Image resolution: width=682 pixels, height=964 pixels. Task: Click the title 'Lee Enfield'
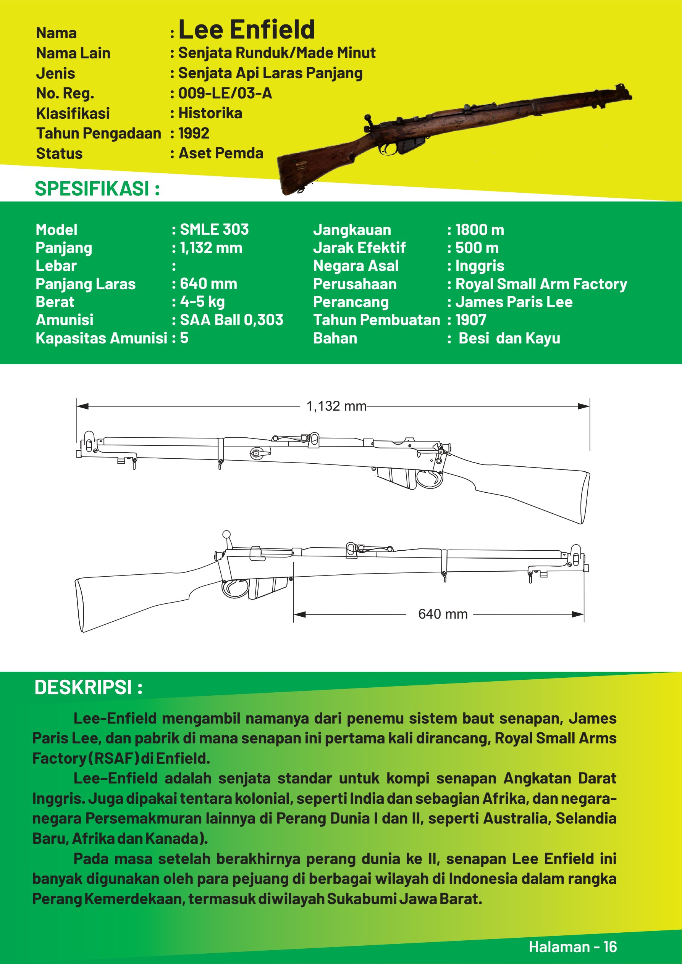pos(247,30)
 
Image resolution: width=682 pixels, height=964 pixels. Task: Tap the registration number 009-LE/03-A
pos(225,93)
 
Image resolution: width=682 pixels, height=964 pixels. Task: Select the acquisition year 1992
pos(194,134)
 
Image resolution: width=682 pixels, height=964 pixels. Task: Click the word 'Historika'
pos(210,113)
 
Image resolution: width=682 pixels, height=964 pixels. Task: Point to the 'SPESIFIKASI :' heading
pos(97,189)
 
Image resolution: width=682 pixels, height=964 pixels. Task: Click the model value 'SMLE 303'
pos(214,230)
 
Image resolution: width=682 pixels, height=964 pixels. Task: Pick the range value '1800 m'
pos(480,230)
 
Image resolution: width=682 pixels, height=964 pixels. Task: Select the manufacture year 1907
pos(470,320)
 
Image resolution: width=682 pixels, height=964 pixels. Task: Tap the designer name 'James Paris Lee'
pos(514,302)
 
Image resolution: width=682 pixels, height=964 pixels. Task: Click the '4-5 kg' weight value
pos(202,302)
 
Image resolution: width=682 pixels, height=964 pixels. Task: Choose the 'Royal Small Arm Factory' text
pos(541,284)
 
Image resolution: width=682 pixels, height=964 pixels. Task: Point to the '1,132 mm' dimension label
pos(336,406)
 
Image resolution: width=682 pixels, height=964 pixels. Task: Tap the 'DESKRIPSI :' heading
pos(89,687)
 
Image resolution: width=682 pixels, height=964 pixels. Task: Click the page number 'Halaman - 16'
pos(572,947)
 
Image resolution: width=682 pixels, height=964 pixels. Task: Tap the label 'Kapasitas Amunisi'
pos(101,338)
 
